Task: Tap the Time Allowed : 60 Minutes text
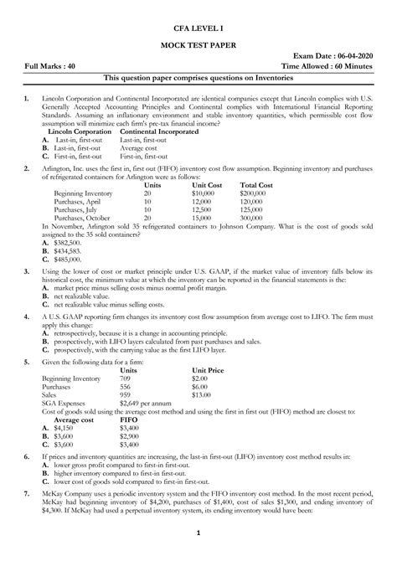[331, 65]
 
